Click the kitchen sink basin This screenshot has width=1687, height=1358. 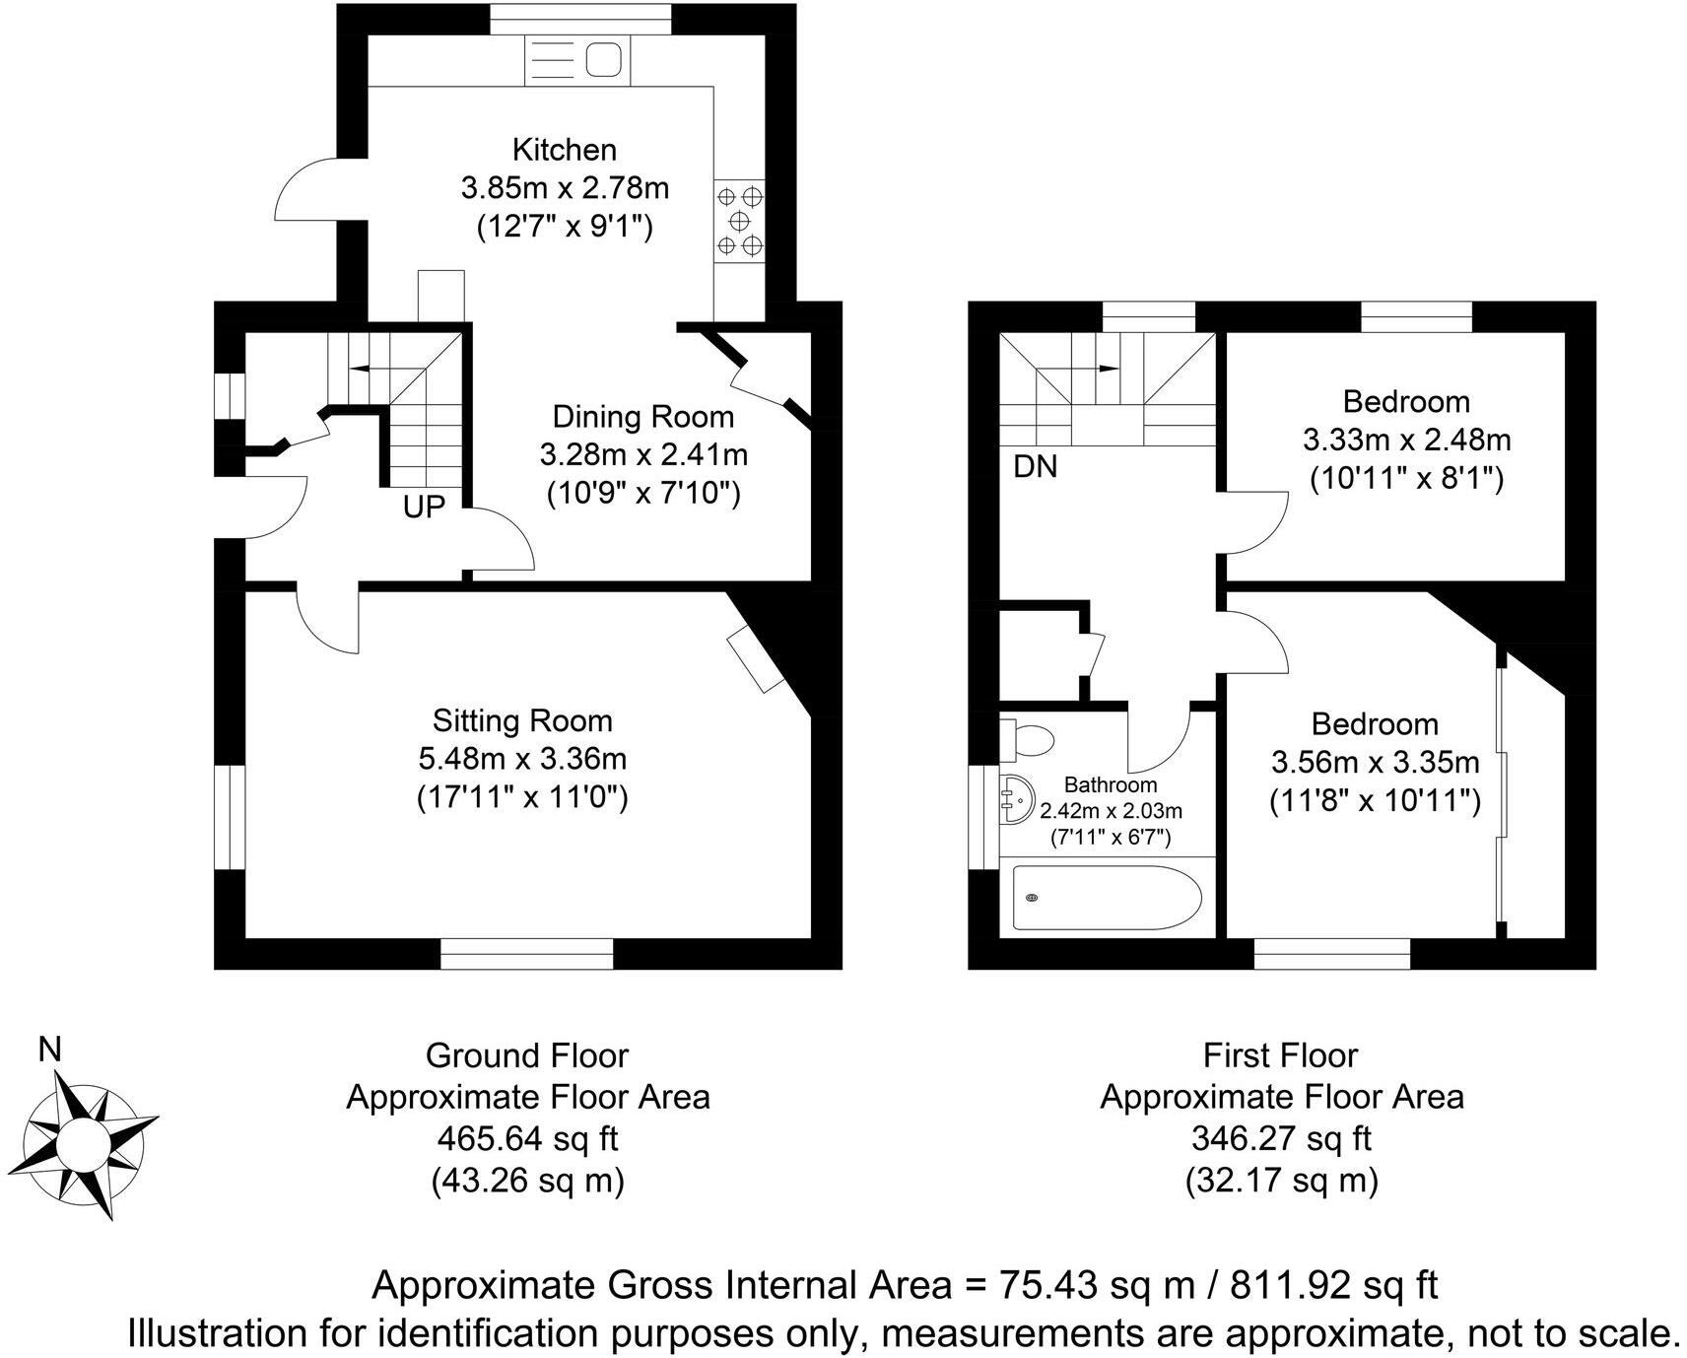point(603,61)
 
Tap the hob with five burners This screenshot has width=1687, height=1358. point(740,219)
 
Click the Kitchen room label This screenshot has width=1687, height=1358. point(565,150)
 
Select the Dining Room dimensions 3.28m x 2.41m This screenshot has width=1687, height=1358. point(643,455)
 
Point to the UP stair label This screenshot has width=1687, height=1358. point(424,507)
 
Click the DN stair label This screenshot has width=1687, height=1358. point(1035,467)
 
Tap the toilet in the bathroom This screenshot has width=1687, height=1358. point(1028,739)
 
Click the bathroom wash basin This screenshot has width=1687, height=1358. point(1017,796)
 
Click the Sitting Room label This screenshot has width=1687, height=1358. point(522,721)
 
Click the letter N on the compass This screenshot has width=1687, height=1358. point(49,1051)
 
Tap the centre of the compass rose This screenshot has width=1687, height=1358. point(88,1144)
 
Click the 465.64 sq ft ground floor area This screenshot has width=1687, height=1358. point(527,1139)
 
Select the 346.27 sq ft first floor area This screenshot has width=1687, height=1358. point(1281,1139)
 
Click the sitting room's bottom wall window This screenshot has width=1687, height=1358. point(526,954)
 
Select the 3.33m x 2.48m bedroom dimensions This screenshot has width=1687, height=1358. point(1406,440)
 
